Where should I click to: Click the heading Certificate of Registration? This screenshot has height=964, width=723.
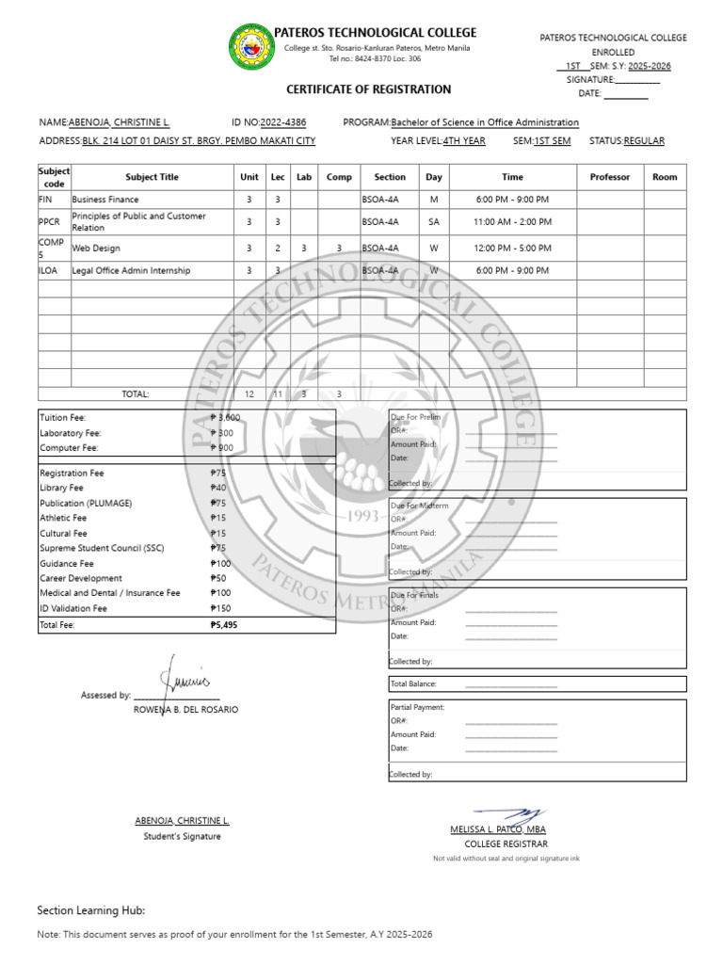coord(368,89)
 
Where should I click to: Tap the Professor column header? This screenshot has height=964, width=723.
coord(609,177)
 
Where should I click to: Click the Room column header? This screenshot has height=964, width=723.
coord(665,177)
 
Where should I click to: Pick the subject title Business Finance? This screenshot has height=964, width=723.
coord(105,200)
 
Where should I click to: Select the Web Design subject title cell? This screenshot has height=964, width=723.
coord(94,248)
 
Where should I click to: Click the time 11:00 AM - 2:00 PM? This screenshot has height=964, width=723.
coord(512,222)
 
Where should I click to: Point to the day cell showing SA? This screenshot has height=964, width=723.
coord(434,222)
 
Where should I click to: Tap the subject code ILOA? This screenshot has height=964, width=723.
coord(48,270)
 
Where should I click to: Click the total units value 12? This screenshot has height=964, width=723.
coord(249,394)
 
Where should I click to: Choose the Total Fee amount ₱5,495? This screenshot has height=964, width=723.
coord(224,624)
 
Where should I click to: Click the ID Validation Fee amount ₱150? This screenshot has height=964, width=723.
coord(220,608)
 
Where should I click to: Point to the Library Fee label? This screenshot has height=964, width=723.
coord(61,488)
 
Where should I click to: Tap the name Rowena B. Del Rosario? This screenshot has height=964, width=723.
coord(185,709)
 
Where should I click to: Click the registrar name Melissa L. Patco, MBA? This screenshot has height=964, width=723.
coord(498,829)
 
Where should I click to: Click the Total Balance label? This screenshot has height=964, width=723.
coord(413,683)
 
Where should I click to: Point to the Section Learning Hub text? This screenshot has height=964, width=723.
coord(91,910)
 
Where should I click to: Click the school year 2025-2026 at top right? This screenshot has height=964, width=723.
coord(650,66)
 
